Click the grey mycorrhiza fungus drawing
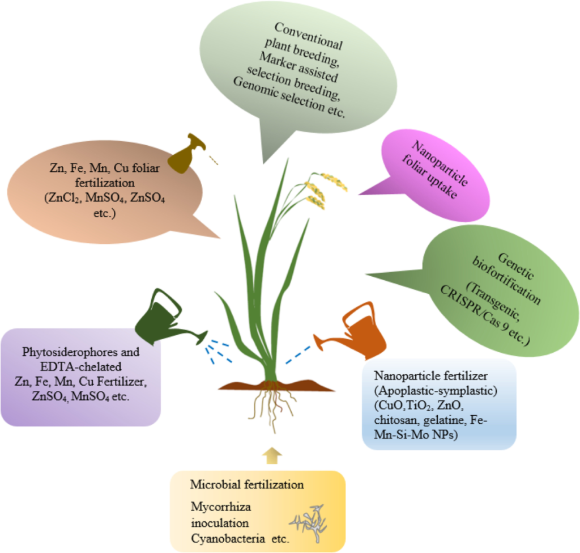[x=308, y=519]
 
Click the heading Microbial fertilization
[x=247, y=485]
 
